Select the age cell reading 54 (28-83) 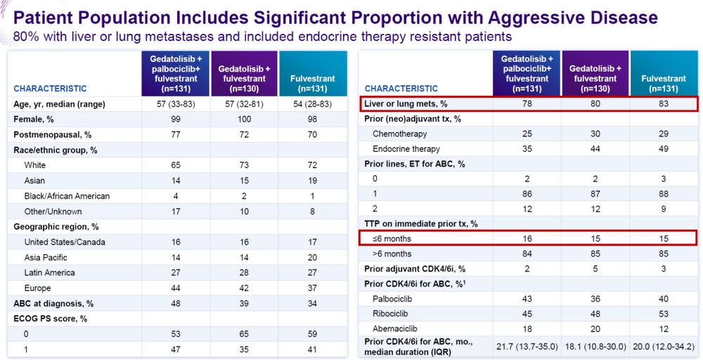[x=313, y=104]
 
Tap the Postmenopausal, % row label [x=53, y=134]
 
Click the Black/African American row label [x=67, y=196]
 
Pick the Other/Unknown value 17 [x=176, y=211]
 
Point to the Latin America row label [x=49, y=273]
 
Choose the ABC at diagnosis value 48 [x=176, y=304]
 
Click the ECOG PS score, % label [x=50, y=319]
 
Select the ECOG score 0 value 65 [x=244, y=334]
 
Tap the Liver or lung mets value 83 [x=664, y=103]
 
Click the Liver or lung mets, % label [x=406, y=103]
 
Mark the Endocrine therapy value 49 [x=664, y=149]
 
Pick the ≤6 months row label [x=392, y=238]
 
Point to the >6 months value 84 [x=527, y=254]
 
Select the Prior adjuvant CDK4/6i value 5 [x=595, y=269]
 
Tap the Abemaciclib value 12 [x=664, y=328]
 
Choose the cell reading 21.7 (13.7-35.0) [x=527, y=347]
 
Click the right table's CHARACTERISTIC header [x=401, y=89]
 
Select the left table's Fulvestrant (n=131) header [x=313, y=84]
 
